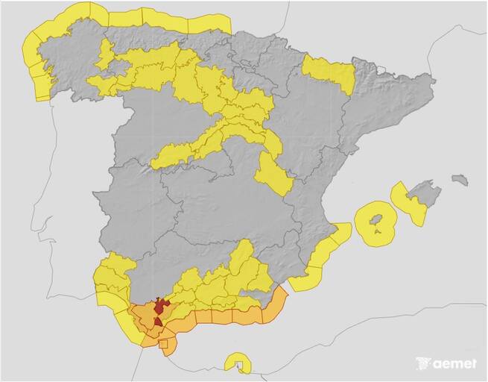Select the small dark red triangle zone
[157, 322]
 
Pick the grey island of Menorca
[460, 180]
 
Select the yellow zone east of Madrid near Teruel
[273, 176]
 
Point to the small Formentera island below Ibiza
[378, 237]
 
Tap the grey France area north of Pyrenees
[358, 30]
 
